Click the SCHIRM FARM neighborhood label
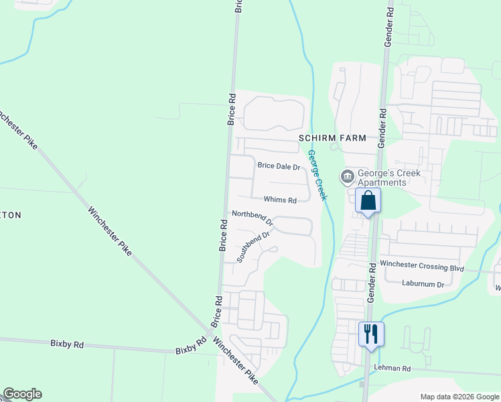[x=332, y=138]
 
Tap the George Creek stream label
[x=317, y=174]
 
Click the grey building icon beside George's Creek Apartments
[x=347, y=177]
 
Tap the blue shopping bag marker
[x=368, y=200]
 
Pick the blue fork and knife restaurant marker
[x=371, y=333]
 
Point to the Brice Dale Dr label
[x=279, y=166]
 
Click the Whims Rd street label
[x=280, y=200]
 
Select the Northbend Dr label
[x=253, y=217]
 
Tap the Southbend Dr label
[x=253, y=246]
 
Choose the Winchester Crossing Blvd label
[x=422, y=267]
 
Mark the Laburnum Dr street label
[x=423, y=284]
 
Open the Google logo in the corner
[x=22, y=394]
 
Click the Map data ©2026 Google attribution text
[x=459, y=397]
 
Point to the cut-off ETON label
[x=11, y=215]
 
